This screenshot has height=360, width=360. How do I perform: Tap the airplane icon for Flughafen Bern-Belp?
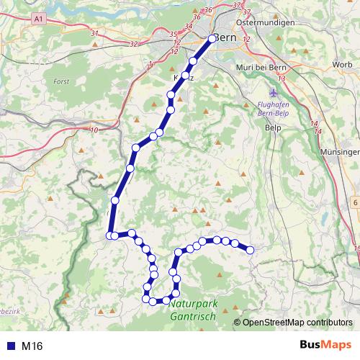tap(271, 93)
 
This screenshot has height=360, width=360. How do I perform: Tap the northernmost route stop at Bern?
tap(212, 39)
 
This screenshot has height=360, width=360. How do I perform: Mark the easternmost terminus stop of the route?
tap(251, 250)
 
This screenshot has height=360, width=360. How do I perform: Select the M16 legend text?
tap(32, 346)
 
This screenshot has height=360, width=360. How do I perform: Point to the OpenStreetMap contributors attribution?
tap(297, 323)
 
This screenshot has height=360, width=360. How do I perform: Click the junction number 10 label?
tap(95, 130)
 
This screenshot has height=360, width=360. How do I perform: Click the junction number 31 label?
tap(94, 33)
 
